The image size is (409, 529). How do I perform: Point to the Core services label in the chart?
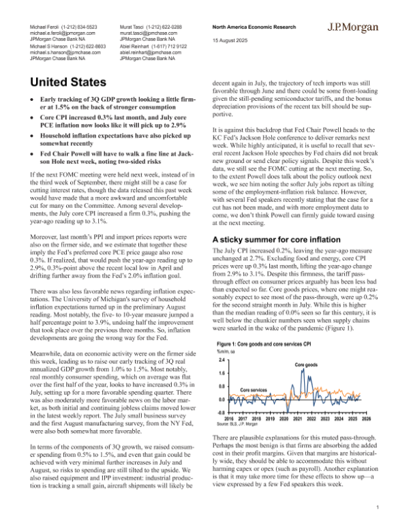254,389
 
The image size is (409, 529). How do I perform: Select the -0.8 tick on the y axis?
219,412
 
